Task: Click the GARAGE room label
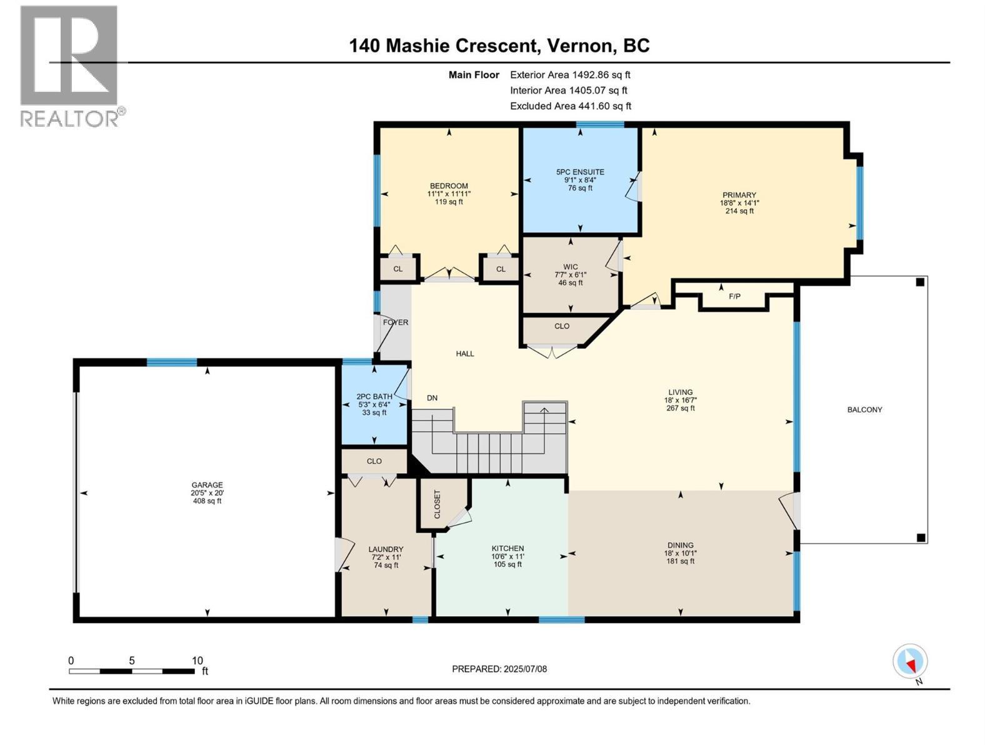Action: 207,485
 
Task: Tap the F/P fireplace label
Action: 734,296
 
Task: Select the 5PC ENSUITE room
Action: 580,180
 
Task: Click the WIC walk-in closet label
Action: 570,267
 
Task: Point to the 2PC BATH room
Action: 374,404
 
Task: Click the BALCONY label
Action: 864,410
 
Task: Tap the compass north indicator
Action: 910,662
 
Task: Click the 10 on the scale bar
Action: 197,661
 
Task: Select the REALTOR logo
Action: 69,65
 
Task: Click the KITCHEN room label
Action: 507,548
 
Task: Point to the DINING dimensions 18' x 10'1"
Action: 680,553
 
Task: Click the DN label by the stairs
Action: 432,398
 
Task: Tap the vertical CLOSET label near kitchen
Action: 437,505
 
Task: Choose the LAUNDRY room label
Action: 386,549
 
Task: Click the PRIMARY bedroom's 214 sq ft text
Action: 739,211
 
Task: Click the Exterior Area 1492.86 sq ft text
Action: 570,75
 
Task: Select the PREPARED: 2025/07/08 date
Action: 499,669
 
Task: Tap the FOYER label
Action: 395,322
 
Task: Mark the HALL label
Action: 465,354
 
